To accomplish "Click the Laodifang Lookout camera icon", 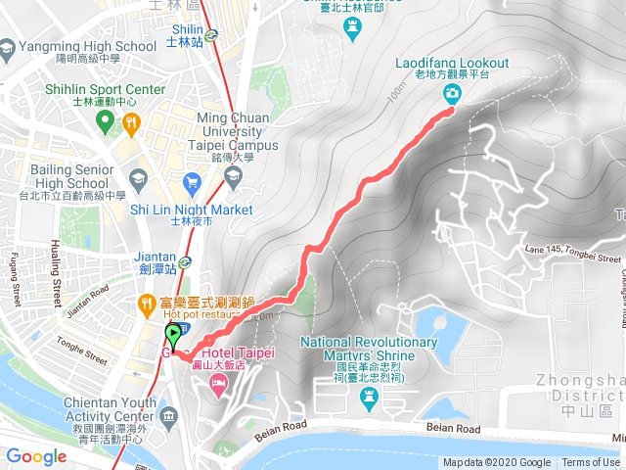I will tap(453, 94).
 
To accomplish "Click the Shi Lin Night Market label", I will tap(191, 210).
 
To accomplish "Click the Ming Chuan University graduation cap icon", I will tap(233, 176).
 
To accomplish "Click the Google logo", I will tap(36, 456).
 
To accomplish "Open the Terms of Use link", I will tap(591, 463).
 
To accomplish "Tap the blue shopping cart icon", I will tap(193, 181).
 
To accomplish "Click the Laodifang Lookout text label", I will tap(452, 64).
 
